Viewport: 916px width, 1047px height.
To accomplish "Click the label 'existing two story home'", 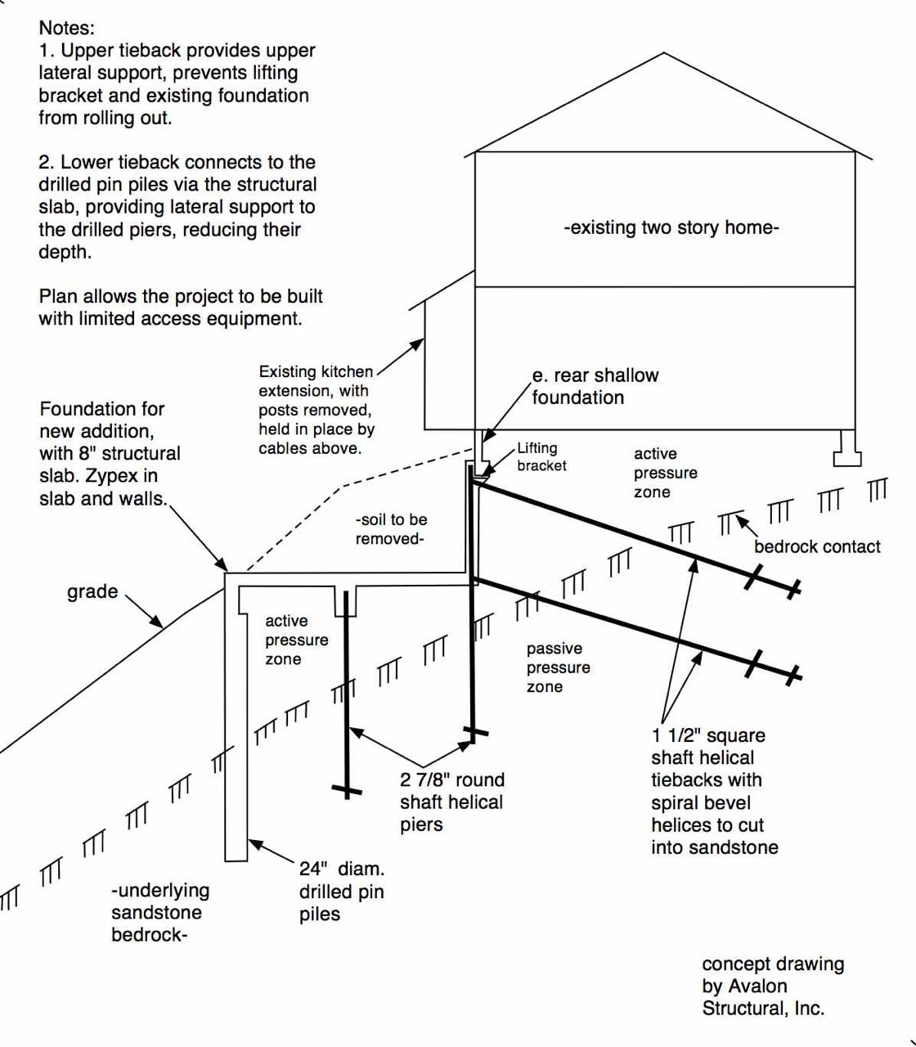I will [671, 227].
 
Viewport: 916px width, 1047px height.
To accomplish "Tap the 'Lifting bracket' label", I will [541, 456].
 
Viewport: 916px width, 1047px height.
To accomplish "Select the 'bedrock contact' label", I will [817, 546].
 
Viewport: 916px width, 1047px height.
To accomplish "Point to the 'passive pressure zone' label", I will [558, 667].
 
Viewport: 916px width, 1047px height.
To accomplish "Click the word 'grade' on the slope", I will [92, 591].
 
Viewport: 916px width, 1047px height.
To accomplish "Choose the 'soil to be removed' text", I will [391, 529].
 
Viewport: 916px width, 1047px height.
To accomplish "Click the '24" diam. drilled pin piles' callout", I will [342, 892].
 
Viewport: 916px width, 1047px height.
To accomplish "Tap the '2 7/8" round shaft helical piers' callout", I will [451, 802].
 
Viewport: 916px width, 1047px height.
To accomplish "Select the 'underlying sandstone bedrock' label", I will [160, 912].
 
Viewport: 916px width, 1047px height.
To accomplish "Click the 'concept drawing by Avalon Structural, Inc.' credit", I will [773, 986].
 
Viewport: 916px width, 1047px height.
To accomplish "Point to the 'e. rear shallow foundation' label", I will [595, 386].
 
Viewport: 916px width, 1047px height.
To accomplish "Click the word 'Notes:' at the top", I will [67, 28].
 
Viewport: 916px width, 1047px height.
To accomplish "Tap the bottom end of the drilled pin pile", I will [236, 857].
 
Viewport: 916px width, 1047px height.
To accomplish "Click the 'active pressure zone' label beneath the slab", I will [296, 640].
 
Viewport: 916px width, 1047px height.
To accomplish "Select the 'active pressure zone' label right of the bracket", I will [665, 473].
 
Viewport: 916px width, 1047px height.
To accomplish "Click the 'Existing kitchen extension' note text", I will [317, 410].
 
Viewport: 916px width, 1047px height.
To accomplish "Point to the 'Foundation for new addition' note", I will [110, 453].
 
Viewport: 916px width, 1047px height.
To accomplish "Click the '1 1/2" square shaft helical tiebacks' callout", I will [714, 791].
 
